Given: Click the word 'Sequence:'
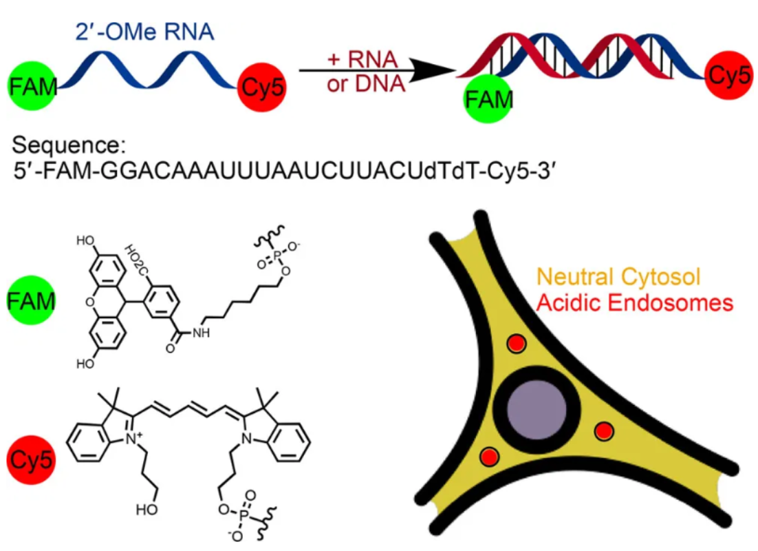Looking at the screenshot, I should [66, 146].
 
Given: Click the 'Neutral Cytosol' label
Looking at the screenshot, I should [618, 277].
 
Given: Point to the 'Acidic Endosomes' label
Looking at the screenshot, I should [634, 302].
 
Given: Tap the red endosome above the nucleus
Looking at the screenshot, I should [515, 343].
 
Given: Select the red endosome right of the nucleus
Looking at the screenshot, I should [603, 432].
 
